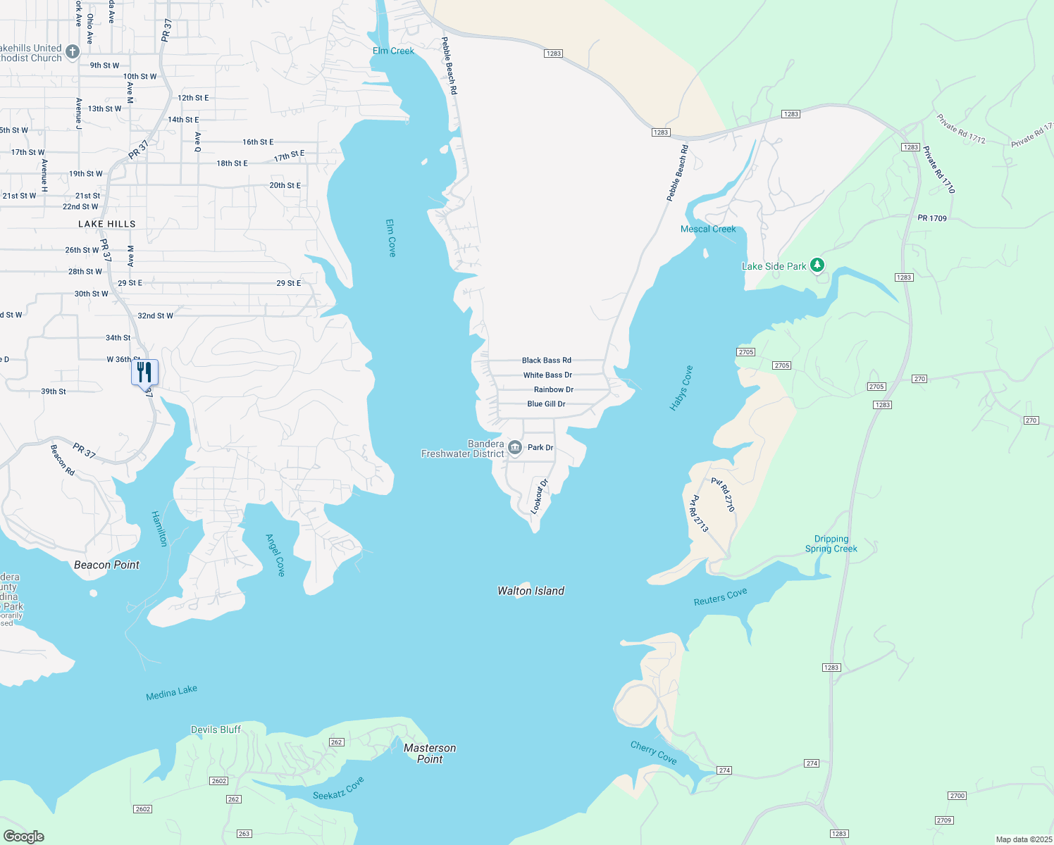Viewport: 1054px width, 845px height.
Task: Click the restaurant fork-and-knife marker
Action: pos(144,372)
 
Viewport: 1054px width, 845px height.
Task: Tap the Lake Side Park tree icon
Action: pos(817,265)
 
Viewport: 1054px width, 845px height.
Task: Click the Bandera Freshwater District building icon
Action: pos(515,448)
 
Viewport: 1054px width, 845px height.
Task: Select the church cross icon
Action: pos(73,51)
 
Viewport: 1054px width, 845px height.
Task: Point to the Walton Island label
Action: pos(531,591)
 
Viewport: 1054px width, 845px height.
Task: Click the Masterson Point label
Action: pos(430,753)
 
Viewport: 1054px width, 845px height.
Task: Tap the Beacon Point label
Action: pos(107,565)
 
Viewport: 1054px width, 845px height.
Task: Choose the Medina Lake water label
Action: pos(171,693)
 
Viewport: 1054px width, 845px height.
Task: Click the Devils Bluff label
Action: pos(216,730)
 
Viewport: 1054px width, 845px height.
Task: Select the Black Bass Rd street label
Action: pos(547,361)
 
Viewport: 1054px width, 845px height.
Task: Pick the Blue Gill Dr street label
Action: pos(547,404)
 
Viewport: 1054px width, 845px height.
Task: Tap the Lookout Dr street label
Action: pos(539,496)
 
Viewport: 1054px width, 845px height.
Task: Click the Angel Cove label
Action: pos(275,555)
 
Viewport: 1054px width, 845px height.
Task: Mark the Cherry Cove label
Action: pos(654,753)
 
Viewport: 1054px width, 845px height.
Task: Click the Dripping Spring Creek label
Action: pos(831,544)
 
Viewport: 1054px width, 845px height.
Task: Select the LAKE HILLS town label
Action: pos(107,224)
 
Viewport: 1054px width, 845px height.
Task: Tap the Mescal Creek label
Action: pos(708,229)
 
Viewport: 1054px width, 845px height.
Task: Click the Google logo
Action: pos(24,837)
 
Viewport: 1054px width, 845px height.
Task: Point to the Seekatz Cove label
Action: pos(338,789)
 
